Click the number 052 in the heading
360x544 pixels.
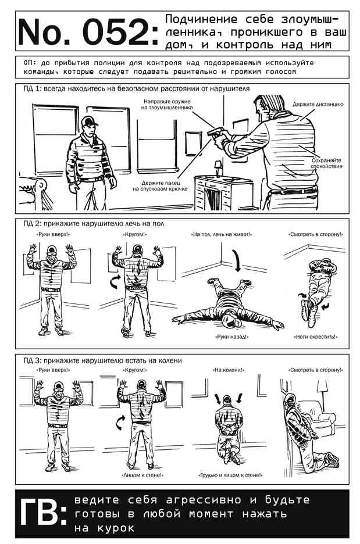click(x=116, y=33)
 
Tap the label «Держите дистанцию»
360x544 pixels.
click(x=318, y=104)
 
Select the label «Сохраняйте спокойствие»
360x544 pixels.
click(x=326, y=163)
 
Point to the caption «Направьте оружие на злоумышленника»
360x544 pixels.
click(x=167, y=105)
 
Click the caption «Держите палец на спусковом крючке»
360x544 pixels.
click(x=160, y=185)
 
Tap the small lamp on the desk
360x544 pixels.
click(x=218, y=169)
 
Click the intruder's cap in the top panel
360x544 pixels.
click(x=89, y=121)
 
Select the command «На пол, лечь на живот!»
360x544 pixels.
click(x=222, y=235)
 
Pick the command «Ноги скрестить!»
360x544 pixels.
click(x=316, y=337)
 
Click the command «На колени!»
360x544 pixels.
click(x=228, y=370)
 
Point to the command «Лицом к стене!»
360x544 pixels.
click(x=142, y=475)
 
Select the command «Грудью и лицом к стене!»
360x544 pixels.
click(x=230, y=475)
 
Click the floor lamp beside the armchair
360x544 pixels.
click(x=322, y=392)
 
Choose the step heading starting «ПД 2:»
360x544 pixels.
click(x=94, y=224)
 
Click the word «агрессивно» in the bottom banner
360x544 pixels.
click(x=203, y=500)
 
